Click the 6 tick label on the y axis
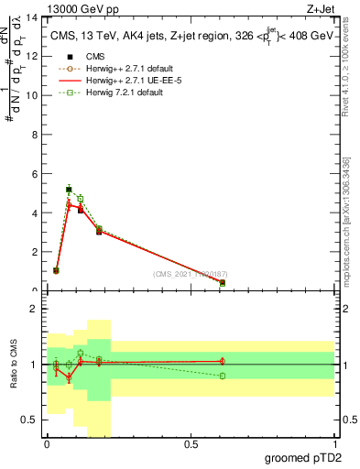[35, 174]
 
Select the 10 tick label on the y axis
[33, 95]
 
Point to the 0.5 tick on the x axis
[191, 445]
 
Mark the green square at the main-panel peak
[69, 190]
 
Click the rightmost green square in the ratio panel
[223, 376]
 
